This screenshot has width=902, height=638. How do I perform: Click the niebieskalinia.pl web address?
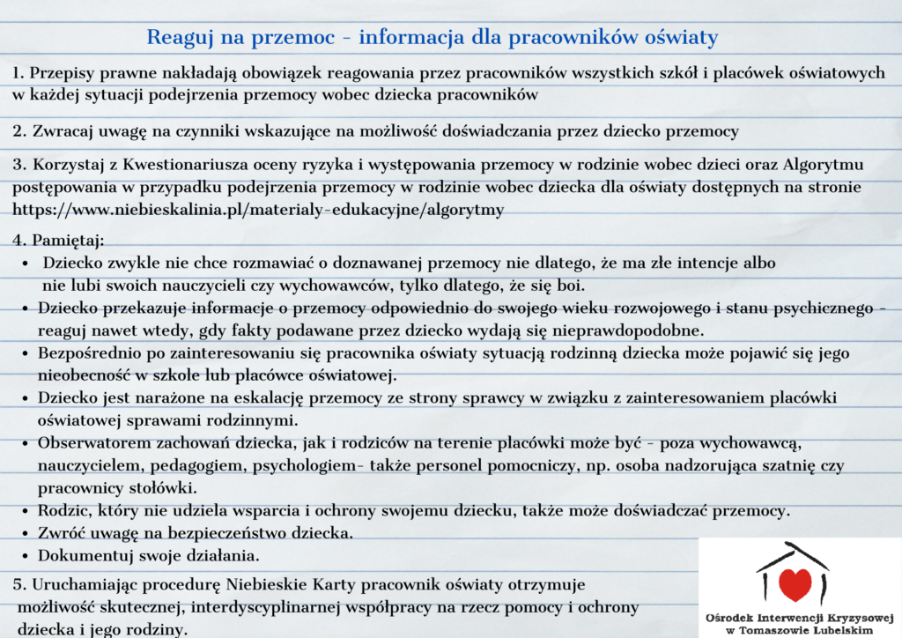click(258, 209)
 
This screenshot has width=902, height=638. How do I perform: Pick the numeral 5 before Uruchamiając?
click(18, 584)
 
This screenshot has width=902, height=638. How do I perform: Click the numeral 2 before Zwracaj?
click(18, 131)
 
